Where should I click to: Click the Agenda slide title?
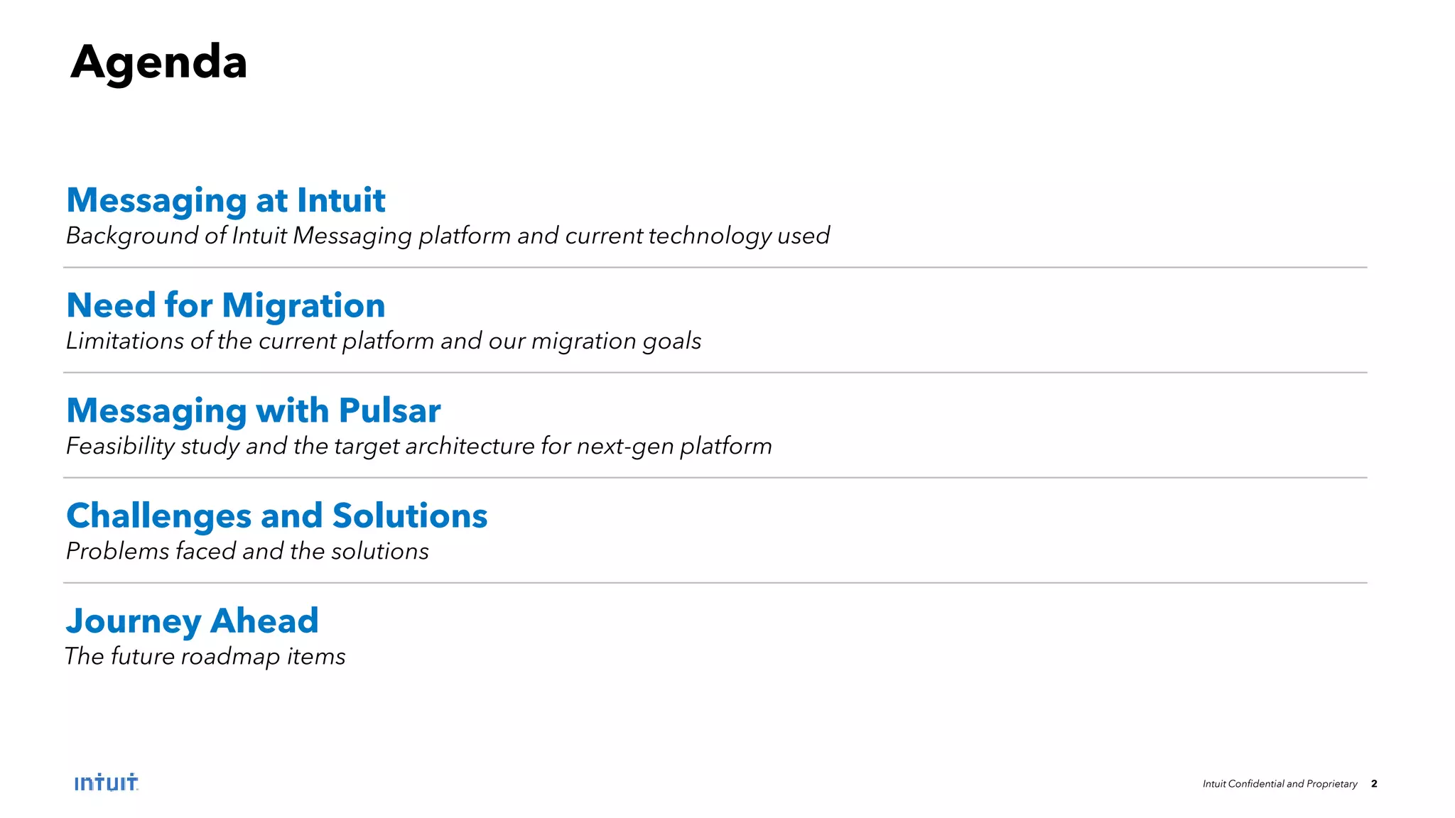(158, 62)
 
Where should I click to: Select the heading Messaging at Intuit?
(225, 200)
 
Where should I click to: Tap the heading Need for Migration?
(225, 305)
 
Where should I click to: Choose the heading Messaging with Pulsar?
(253, 410)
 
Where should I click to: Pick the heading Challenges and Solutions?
(276, 516)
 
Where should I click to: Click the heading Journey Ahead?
(192, 621)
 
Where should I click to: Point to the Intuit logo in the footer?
(106, 782)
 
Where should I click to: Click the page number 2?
(1374, 784)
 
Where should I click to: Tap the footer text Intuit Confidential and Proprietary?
(1280, 784)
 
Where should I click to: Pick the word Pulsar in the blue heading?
(389, 410)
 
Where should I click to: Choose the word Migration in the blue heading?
(303, 305)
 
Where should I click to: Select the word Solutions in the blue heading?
(410, 516)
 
